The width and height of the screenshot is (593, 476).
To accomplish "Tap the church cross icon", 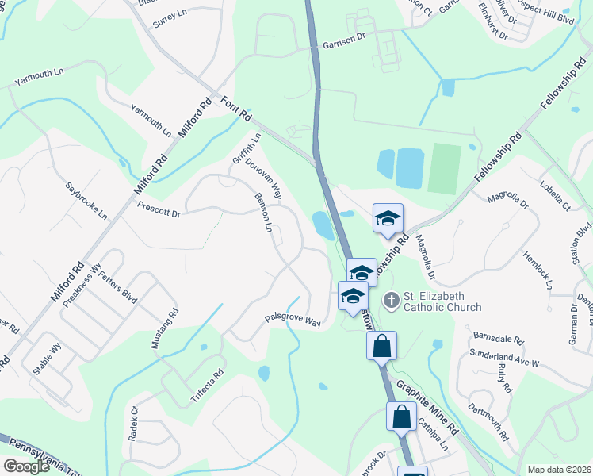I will pos(391,301).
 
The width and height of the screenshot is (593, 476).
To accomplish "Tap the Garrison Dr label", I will pos(344,46).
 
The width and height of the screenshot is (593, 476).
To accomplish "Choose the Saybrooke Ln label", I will pos(86,199).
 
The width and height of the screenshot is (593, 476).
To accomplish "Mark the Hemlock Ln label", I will pos(538,271).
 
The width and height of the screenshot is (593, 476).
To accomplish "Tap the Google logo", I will pos(26,466).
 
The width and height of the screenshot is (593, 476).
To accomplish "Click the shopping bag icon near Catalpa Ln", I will pos(401,416).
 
